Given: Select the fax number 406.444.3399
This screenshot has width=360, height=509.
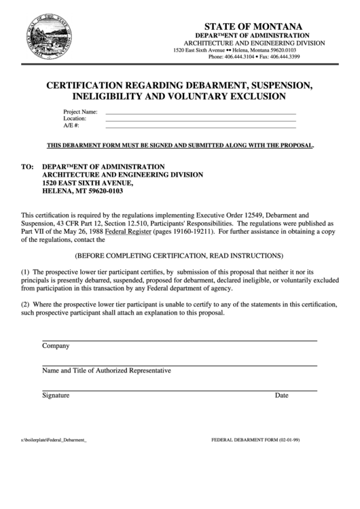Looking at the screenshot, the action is point(285,57).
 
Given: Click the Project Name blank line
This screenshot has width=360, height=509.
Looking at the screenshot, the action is point(200,111).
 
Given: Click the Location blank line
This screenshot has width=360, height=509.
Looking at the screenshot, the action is point(200,119).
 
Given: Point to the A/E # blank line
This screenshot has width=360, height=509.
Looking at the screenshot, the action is point(200,126).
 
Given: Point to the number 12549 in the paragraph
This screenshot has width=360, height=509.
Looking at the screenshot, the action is point(243,214).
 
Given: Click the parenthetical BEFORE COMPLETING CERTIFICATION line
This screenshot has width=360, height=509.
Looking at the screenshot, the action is point(179,256).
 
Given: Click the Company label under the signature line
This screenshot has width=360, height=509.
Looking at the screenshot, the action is point(56,346).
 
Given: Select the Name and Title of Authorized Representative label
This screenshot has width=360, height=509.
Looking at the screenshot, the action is point(107,371).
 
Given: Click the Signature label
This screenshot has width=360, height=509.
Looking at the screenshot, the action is point(56,396).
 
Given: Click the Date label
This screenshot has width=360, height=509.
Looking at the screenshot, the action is point(281,396).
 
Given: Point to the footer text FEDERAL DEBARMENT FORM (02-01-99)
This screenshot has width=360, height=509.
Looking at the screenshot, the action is point(255,440).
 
